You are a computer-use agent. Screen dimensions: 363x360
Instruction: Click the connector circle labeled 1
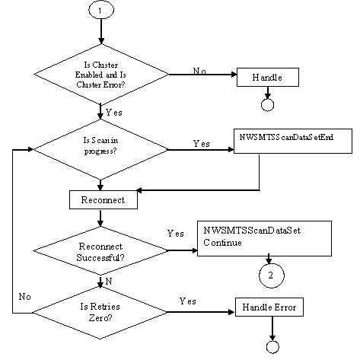coord(101,13)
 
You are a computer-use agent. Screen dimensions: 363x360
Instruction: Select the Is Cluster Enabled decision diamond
coord(101,74)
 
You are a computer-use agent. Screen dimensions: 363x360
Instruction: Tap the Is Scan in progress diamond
coord(101,150)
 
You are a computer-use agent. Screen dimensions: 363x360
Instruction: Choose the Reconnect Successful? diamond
coord(101,252)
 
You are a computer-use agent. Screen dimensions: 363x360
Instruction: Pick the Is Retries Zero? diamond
coord(101,312)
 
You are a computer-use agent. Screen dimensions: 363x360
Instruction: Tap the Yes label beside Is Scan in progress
coord(202,142)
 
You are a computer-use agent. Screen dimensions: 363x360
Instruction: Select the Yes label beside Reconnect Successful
coord(175,233)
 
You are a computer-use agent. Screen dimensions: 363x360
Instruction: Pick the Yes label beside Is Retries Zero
coord(188,301)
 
